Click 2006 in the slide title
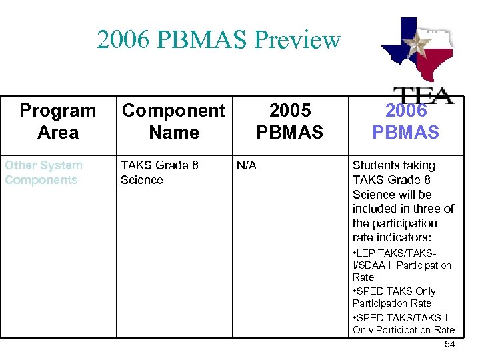coord(121,41)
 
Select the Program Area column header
coord(58,121)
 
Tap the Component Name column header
coord(174,121)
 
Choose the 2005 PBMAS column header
coord(289,121)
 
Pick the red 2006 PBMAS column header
coord(405,121)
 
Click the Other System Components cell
coord(43,173)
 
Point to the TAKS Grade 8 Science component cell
coord(159,173)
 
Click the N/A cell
coord(247,165)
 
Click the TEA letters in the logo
coord(422,95)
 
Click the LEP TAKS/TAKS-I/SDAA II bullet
coord(401,265)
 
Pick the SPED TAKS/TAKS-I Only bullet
coord(403,323)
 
